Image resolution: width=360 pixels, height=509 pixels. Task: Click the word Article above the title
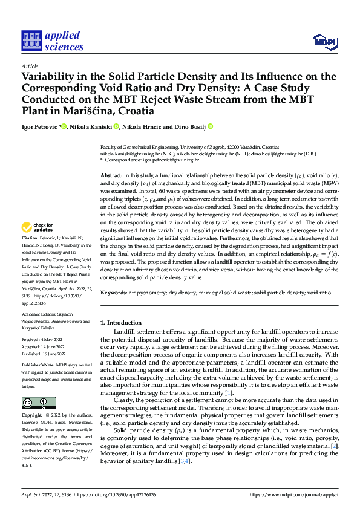[30, 66]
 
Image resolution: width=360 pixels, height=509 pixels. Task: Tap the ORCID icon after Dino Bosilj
[211, 127]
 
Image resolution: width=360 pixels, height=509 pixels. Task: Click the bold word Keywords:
[114, 292]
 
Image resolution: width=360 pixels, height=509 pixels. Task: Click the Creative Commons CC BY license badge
[38, 403]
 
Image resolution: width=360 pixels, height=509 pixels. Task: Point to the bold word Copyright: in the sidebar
[33, 416]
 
